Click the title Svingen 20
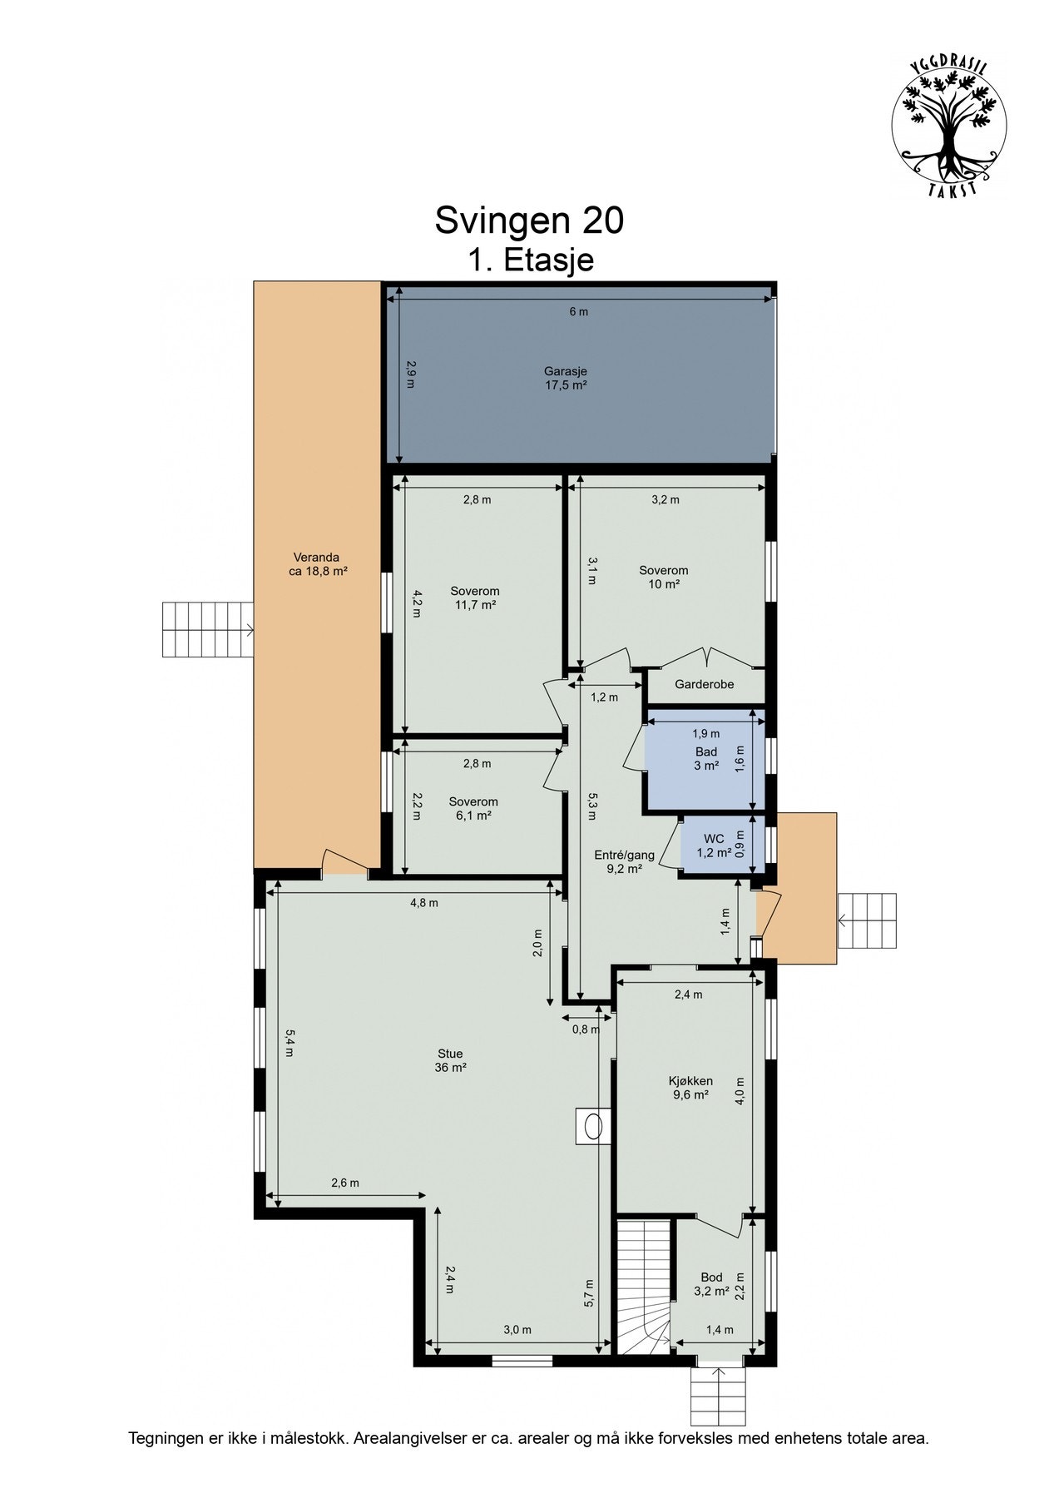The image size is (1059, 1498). click(529, 221)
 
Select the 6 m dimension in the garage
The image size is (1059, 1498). click(578, 312)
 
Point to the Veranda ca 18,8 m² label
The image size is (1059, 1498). click(316, 564)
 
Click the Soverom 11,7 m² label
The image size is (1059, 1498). click(475, 598)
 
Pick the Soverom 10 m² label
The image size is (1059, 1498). click(663, 577)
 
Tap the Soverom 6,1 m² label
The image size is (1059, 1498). click(473, 808)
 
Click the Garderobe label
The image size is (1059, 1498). click(704, 685)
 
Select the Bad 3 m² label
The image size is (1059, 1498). click(706, 758)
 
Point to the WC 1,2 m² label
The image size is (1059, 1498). click(714, 845)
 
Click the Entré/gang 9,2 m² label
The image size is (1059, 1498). click(624, 861)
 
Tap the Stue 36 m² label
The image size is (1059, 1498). click(450, 1060)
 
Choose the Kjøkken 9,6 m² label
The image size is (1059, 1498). click(690, 1088)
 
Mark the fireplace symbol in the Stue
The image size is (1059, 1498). click(593, 1126)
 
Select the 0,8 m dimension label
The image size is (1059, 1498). click(585, 1029)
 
